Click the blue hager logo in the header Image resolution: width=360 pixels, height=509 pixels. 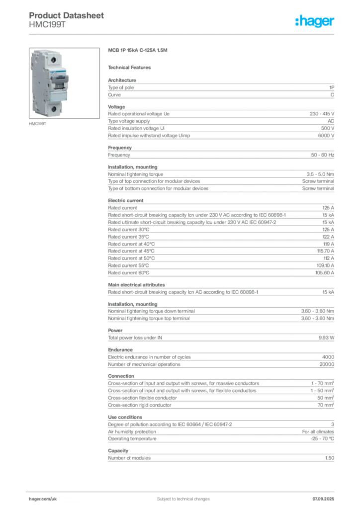pyautogui.click(x=315, y=21)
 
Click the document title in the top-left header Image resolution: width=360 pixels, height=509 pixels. pyautogui.click(x=67, y=15)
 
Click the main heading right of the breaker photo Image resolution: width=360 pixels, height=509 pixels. pyautogui.click(x=139, y=51)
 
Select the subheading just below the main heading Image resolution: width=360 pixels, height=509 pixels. pyautogui.click(x=131, y=67)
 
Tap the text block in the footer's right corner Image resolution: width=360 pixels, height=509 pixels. pyautogui.click(x=326, y=495)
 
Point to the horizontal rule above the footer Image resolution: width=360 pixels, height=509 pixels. pyautogui.click(x=183, y=489)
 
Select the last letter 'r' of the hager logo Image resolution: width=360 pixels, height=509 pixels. pyautogui.click(x=334, y=21)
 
